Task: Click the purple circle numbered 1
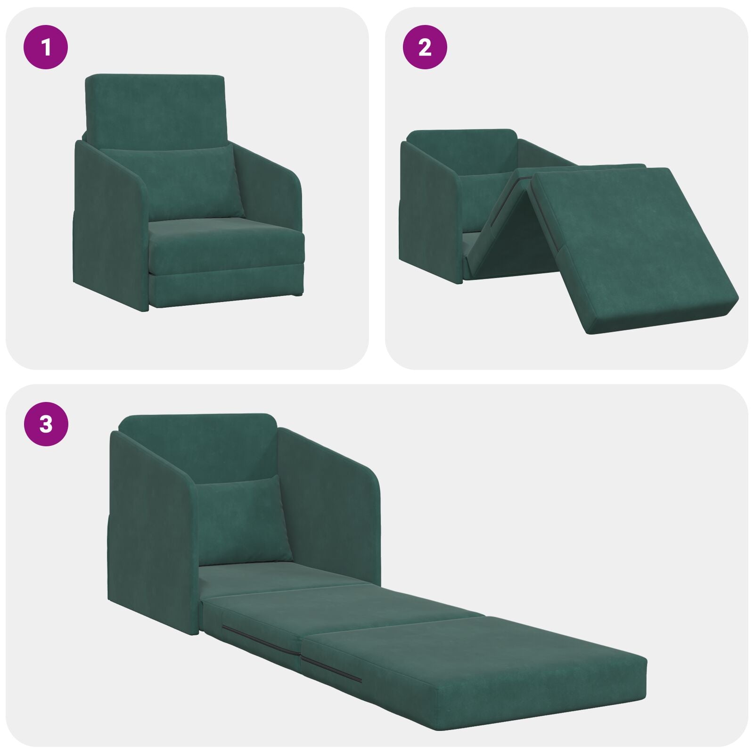[46, 48]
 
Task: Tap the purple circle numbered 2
[425, 48]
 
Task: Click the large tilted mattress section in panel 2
[631, 245]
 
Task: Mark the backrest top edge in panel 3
[198, 418]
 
